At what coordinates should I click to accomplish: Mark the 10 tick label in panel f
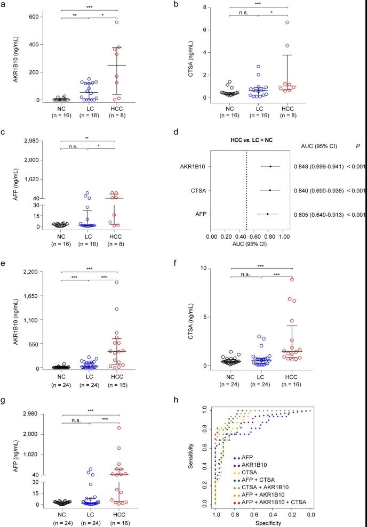(x=216, y=268)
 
